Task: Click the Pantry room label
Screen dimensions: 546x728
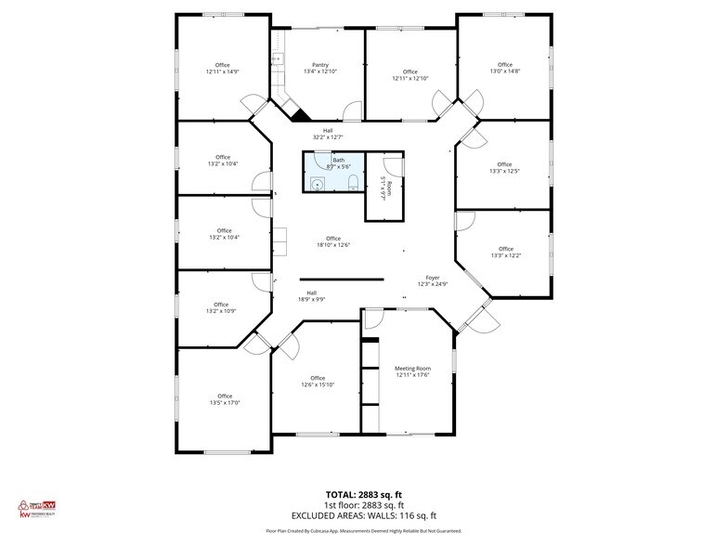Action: point(320,64)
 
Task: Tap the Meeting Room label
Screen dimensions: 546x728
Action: point(412,368)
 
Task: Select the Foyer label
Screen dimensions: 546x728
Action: point(432,278)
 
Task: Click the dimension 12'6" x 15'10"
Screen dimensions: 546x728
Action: point(318,385)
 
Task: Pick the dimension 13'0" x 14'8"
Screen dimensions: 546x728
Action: point(504,71)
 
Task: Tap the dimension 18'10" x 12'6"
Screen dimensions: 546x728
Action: point(332,245)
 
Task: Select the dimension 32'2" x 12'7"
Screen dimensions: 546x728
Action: point(327,137)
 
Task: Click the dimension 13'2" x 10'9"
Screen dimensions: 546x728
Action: point(221,311)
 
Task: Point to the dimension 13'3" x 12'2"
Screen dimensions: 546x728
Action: point(505,255)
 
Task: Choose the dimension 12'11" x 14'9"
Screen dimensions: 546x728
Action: point(223,71)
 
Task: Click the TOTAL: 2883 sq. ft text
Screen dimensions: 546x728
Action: point(363,494)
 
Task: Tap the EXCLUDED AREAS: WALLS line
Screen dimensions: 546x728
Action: point(363,515)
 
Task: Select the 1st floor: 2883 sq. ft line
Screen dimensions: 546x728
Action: point(363,505)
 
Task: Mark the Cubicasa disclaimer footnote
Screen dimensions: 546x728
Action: point(363,530)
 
